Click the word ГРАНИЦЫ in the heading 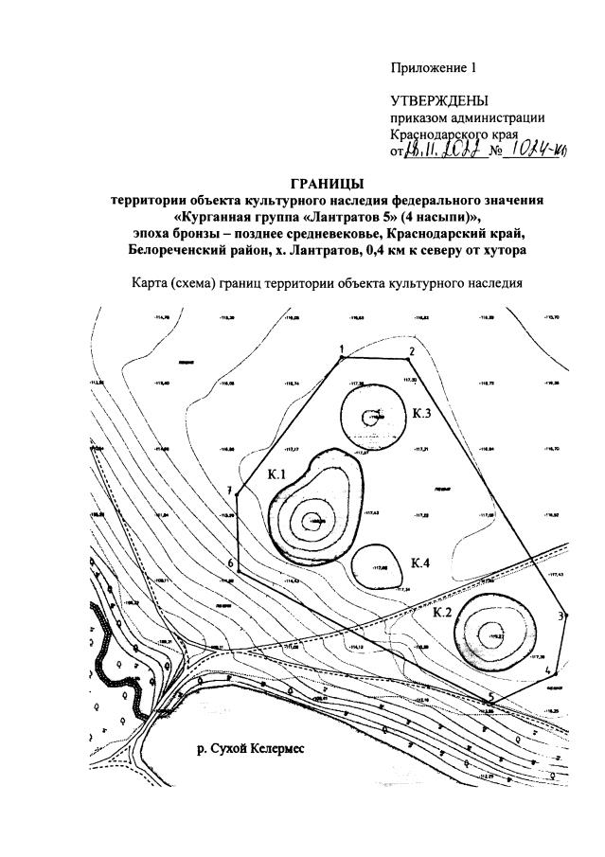coord(326,183)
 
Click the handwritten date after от coord(446,151)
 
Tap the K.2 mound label coord(442,613)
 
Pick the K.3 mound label coord(422,414)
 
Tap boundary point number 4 coord(549,671)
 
